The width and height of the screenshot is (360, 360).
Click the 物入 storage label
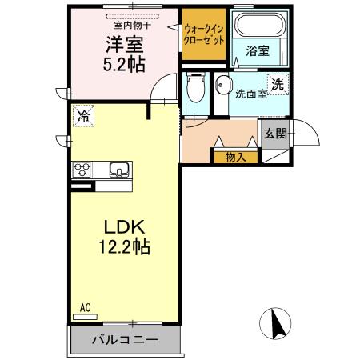pyautogui.click(x=235, y=157)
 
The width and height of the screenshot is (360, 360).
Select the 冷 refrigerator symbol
pyautogui.click(x=83, y=116)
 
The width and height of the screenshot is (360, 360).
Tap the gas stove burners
pyautogui.click(x=83, y=170)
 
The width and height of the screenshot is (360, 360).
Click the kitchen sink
pyautogui.click(x=119, y=170)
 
